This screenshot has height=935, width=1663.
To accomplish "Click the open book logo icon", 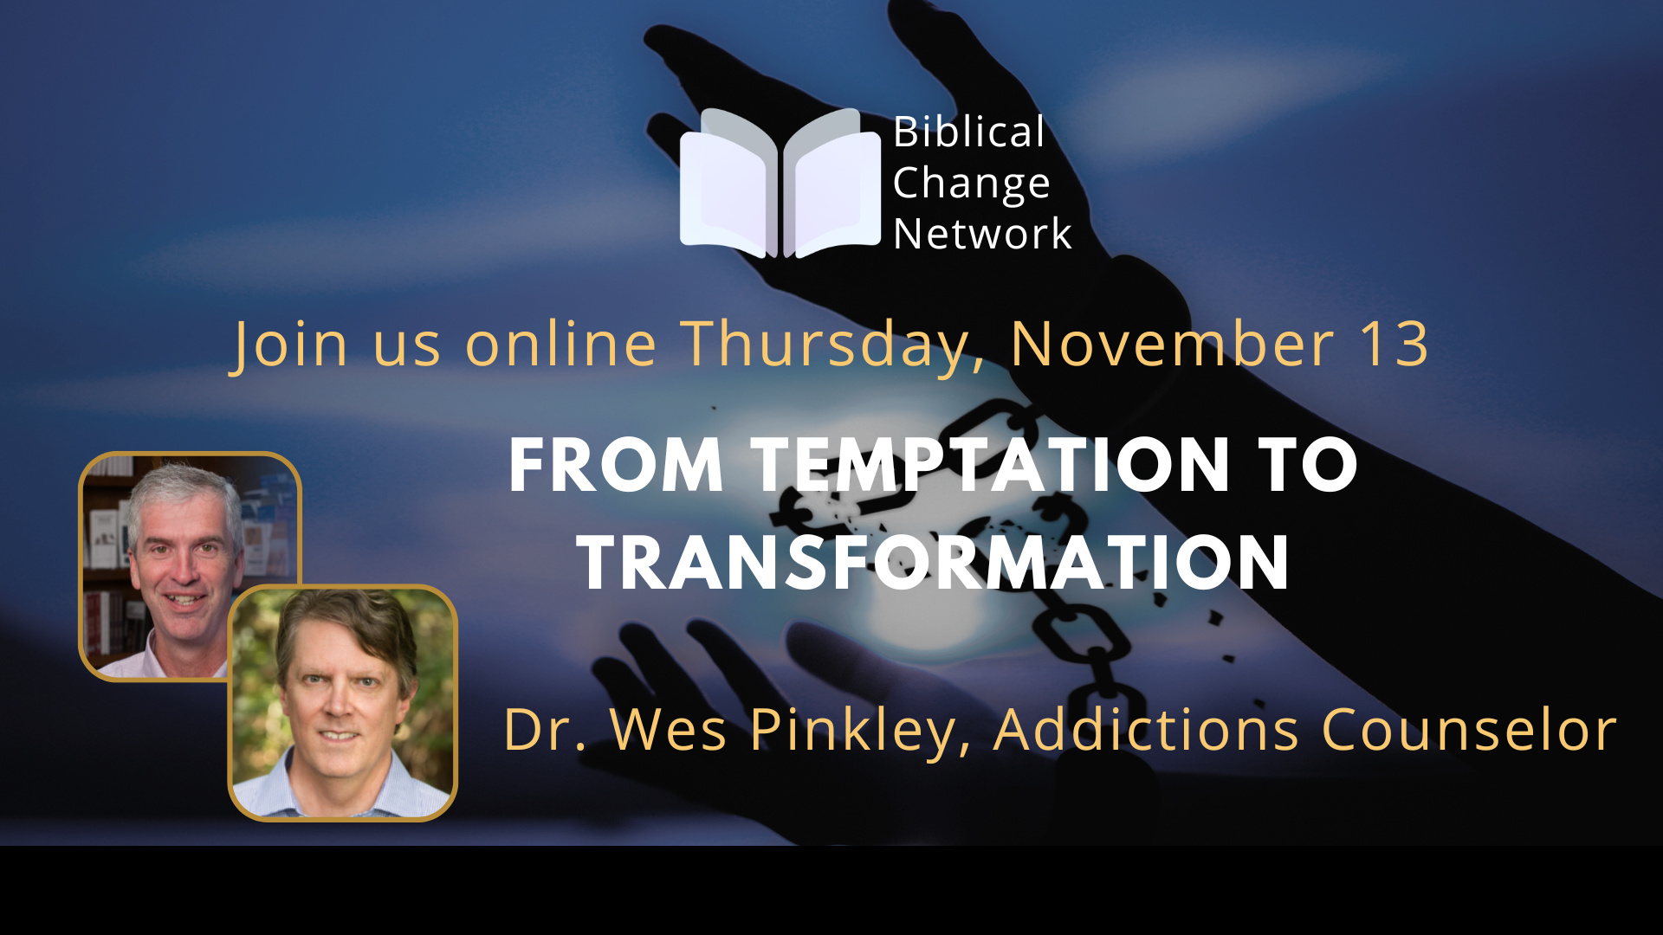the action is click(x=780, y=183).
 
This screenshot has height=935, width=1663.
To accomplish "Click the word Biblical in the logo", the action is click(x=969, y=132).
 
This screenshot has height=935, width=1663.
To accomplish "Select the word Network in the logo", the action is click(x=982, y=234).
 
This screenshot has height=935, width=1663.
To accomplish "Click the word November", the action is click(x=1173, y=344).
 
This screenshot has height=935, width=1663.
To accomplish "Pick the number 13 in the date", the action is click(x=1394, y=345).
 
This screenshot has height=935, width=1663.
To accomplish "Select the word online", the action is click(x=561, y=344).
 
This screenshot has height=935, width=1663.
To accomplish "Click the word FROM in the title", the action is click(x=616, y=466).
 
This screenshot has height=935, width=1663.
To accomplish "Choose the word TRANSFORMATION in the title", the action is click(x=934, y=563).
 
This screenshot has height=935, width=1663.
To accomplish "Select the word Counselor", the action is click(x=1469, y=729).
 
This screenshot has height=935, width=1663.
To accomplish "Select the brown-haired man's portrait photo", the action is click(x=343, y=703).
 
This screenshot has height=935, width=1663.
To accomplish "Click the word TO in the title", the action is click(x=1308, y=466).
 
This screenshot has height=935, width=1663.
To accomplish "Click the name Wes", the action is click(x=668, y=729).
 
